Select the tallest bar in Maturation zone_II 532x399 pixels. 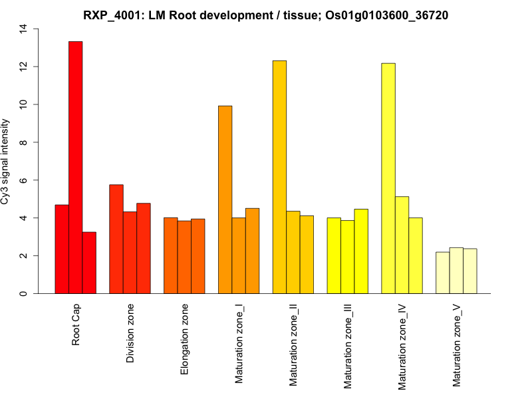pos(279,177)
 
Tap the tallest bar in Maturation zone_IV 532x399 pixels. pos(388,178)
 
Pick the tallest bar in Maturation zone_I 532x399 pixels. pos(225,199)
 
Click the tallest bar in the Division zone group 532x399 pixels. pos(116,239)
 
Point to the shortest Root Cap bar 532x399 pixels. pos(89,263)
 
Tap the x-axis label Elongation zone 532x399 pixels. pos(185,339)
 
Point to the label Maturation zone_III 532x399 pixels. pos(348,346)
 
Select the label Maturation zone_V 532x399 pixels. pos(457,345)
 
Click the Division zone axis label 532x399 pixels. pos(130,334)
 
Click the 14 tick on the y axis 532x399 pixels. pos(24,29)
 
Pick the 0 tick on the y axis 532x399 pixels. pos(24,293)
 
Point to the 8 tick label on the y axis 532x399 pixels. pos(24,142)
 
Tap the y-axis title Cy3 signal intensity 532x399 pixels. pos(6,161)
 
